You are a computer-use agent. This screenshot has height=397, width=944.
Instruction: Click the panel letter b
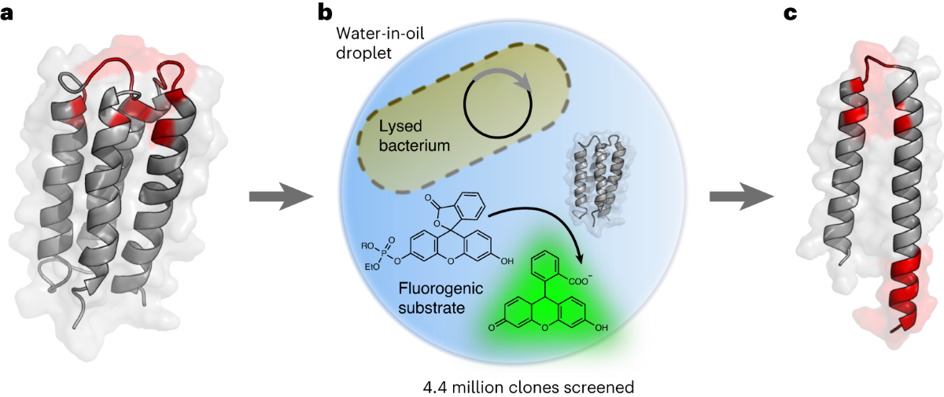coord(324,13)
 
